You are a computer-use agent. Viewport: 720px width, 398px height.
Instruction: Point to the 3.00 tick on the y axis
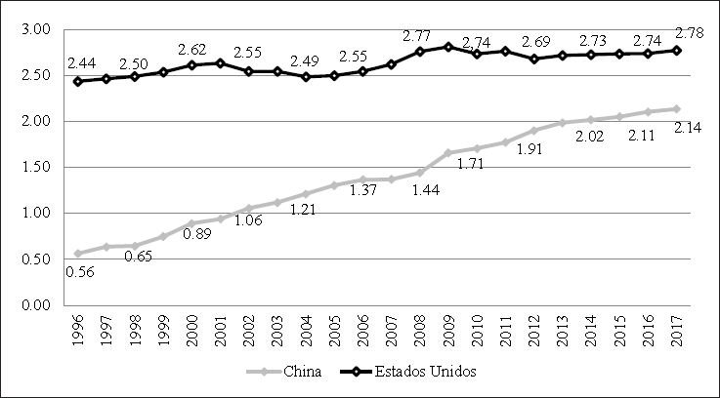point(35,29)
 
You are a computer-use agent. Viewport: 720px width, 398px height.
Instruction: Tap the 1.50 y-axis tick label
point(35,167)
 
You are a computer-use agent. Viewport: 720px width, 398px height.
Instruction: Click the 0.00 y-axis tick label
point(35,304)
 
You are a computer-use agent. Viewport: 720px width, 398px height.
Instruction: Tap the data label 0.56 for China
point(80,270)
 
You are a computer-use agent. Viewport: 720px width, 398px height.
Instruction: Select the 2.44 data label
point(82,62)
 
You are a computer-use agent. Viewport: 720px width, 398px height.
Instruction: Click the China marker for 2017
point(677,109)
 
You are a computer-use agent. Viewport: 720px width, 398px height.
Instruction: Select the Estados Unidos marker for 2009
point(448,47)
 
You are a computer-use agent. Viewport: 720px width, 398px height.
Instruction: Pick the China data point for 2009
point(448,152)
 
